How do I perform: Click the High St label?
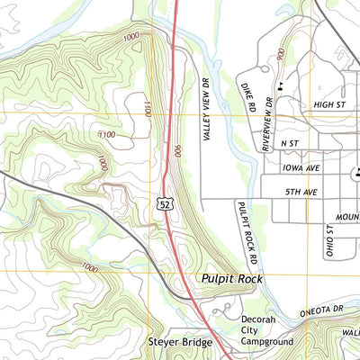click(329, 105)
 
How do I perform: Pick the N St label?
click(289, 142)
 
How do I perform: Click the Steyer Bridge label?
click(180, 343)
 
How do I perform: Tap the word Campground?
click(268, 342)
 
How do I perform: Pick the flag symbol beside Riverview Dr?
click(282, 85)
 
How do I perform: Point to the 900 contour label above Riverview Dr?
click(282, 55)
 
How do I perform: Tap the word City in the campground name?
click(252, 330)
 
